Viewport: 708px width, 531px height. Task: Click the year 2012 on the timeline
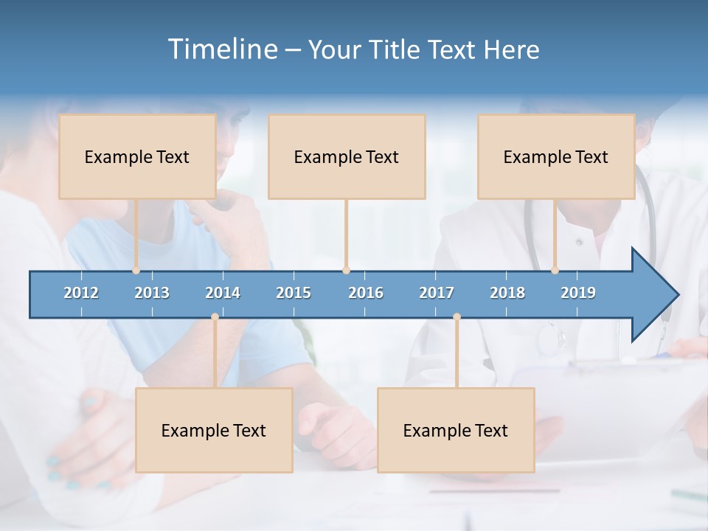81,293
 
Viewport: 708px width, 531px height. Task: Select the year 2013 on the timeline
152,293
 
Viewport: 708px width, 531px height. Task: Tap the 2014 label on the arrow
223,293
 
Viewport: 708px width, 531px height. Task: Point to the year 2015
294,293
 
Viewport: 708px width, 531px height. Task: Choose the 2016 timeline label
366,293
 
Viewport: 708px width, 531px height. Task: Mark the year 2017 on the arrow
437,293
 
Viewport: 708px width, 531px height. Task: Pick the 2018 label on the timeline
507,293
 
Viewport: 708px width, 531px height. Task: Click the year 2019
578,293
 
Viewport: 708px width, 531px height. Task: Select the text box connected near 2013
137,156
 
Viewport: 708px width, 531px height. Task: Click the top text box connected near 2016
347,156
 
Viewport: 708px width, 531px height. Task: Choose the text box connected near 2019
556,156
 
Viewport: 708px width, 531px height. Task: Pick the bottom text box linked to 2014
214,430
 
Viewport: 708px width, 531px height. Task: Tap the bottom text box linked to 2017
456,430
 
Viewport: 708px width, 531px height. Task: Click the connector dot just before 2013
136,270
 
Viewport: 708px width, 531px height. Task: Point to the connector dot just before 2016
346,270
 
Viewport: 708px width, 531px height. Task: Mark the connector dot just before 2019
555,270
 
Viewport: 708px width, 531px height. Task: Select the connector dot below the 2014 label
215,317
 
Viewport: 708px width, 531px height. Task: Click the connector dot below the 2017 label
457,317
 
